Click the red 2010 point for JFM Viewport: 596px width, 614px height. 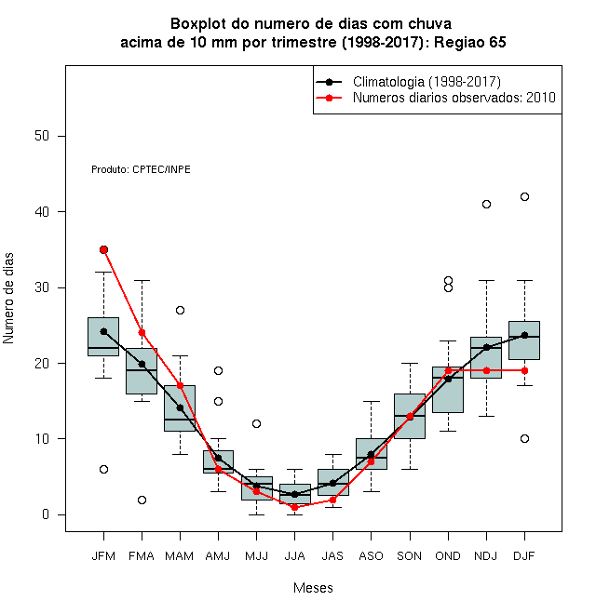point(103,250)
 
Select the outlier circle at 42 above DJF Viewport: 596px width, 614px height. point(524,196)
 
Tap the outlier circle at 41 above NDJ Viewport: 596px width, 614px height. point(486,204)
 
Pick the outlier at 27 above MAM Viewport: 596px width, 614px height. point(180,310)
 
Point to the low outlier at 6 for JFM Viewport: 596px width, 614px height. point(103,469)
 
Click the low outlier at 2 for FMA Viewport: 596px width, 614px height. point(142,500)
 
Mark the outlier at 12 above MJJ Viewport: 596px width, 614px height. point(256,423)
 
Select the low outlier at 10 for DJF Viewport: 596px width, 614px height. point(524,438)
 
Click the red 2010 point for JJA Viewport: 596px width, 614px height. point(294,507)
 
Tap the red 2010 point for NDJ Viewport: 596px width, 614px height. point(486,370)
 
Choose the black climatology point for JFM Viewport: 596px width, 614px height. point(103,332)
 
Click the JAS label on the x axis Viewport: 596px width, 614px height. point(332,556)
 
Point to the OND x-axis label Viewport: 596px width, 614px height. point(448,556)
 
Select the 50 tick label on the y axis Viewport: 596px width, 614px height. point(42,136)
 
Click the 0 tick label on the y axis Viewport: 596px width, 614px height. point(46,514)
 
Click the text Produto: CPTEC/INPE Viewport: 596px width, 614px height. point(141,169)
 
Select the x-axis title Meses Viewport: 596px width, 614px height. point(313,588)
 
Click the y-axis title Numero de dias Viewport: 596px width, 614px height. point(8,299)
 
